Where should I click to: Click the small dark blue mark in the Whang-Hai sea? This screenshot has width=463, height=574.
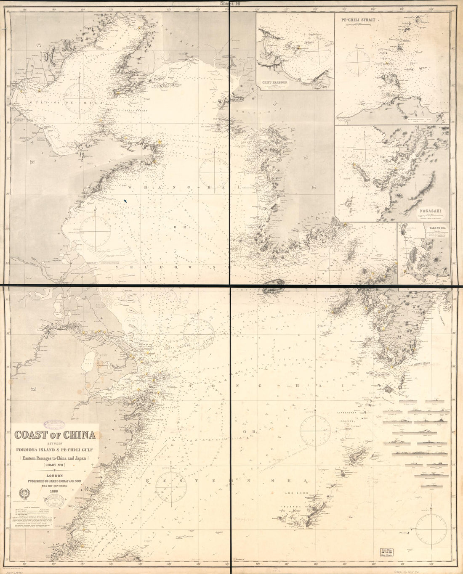125,202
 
